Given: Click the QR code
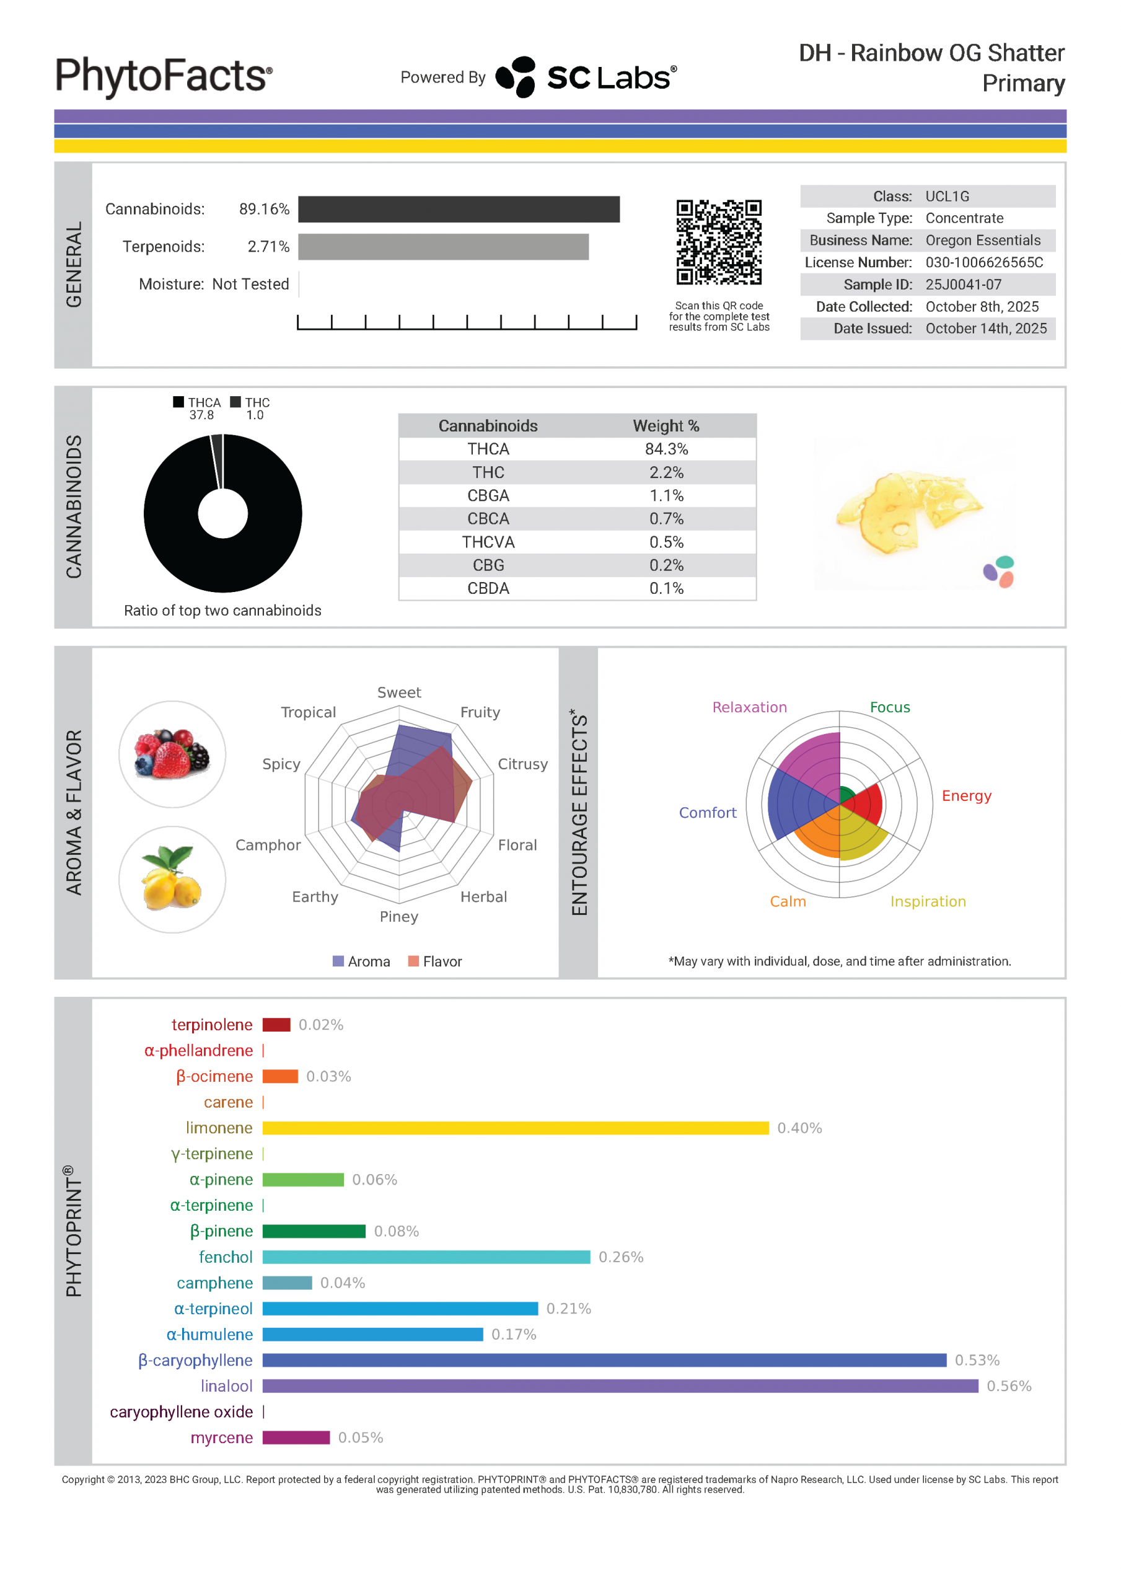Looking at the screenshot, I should coord(718,242).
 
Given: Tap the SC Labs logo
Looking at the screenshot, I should coord(586,77).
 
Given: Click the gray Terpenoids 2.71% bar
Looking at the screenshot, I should coord(443,247).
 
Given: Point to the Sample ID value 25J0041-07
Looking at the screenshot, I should coord(963,285).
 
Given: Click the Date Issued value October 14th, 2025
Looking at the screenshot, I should coord(985,329).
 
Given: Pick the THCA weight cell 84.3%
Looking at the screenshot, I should coord(666,449).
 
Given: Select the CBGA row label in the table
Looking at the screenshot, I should coord(488,495).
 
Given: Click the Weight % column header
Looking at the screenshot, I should coord(666,426).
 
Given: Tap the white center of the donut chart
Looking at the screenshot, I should coord(222,513).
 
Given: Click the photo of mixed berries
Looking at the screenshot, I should coord(172,754).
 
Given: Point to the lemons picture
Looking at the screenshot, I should coord(172,879).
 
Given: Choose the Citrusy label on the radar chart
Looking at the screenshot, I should coord(522,764).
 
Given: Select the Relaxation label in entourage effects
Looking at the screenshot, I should coord(749,707).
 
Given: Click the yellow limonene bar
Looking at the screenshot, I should coord(515,1128).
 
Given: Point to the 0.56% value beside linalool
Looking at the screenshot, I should coord(1008,1386).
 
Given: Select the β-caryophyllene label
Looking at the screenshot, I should coord(196,1360).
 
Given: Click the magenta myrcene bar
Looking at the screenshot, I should coord(296,1438).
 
